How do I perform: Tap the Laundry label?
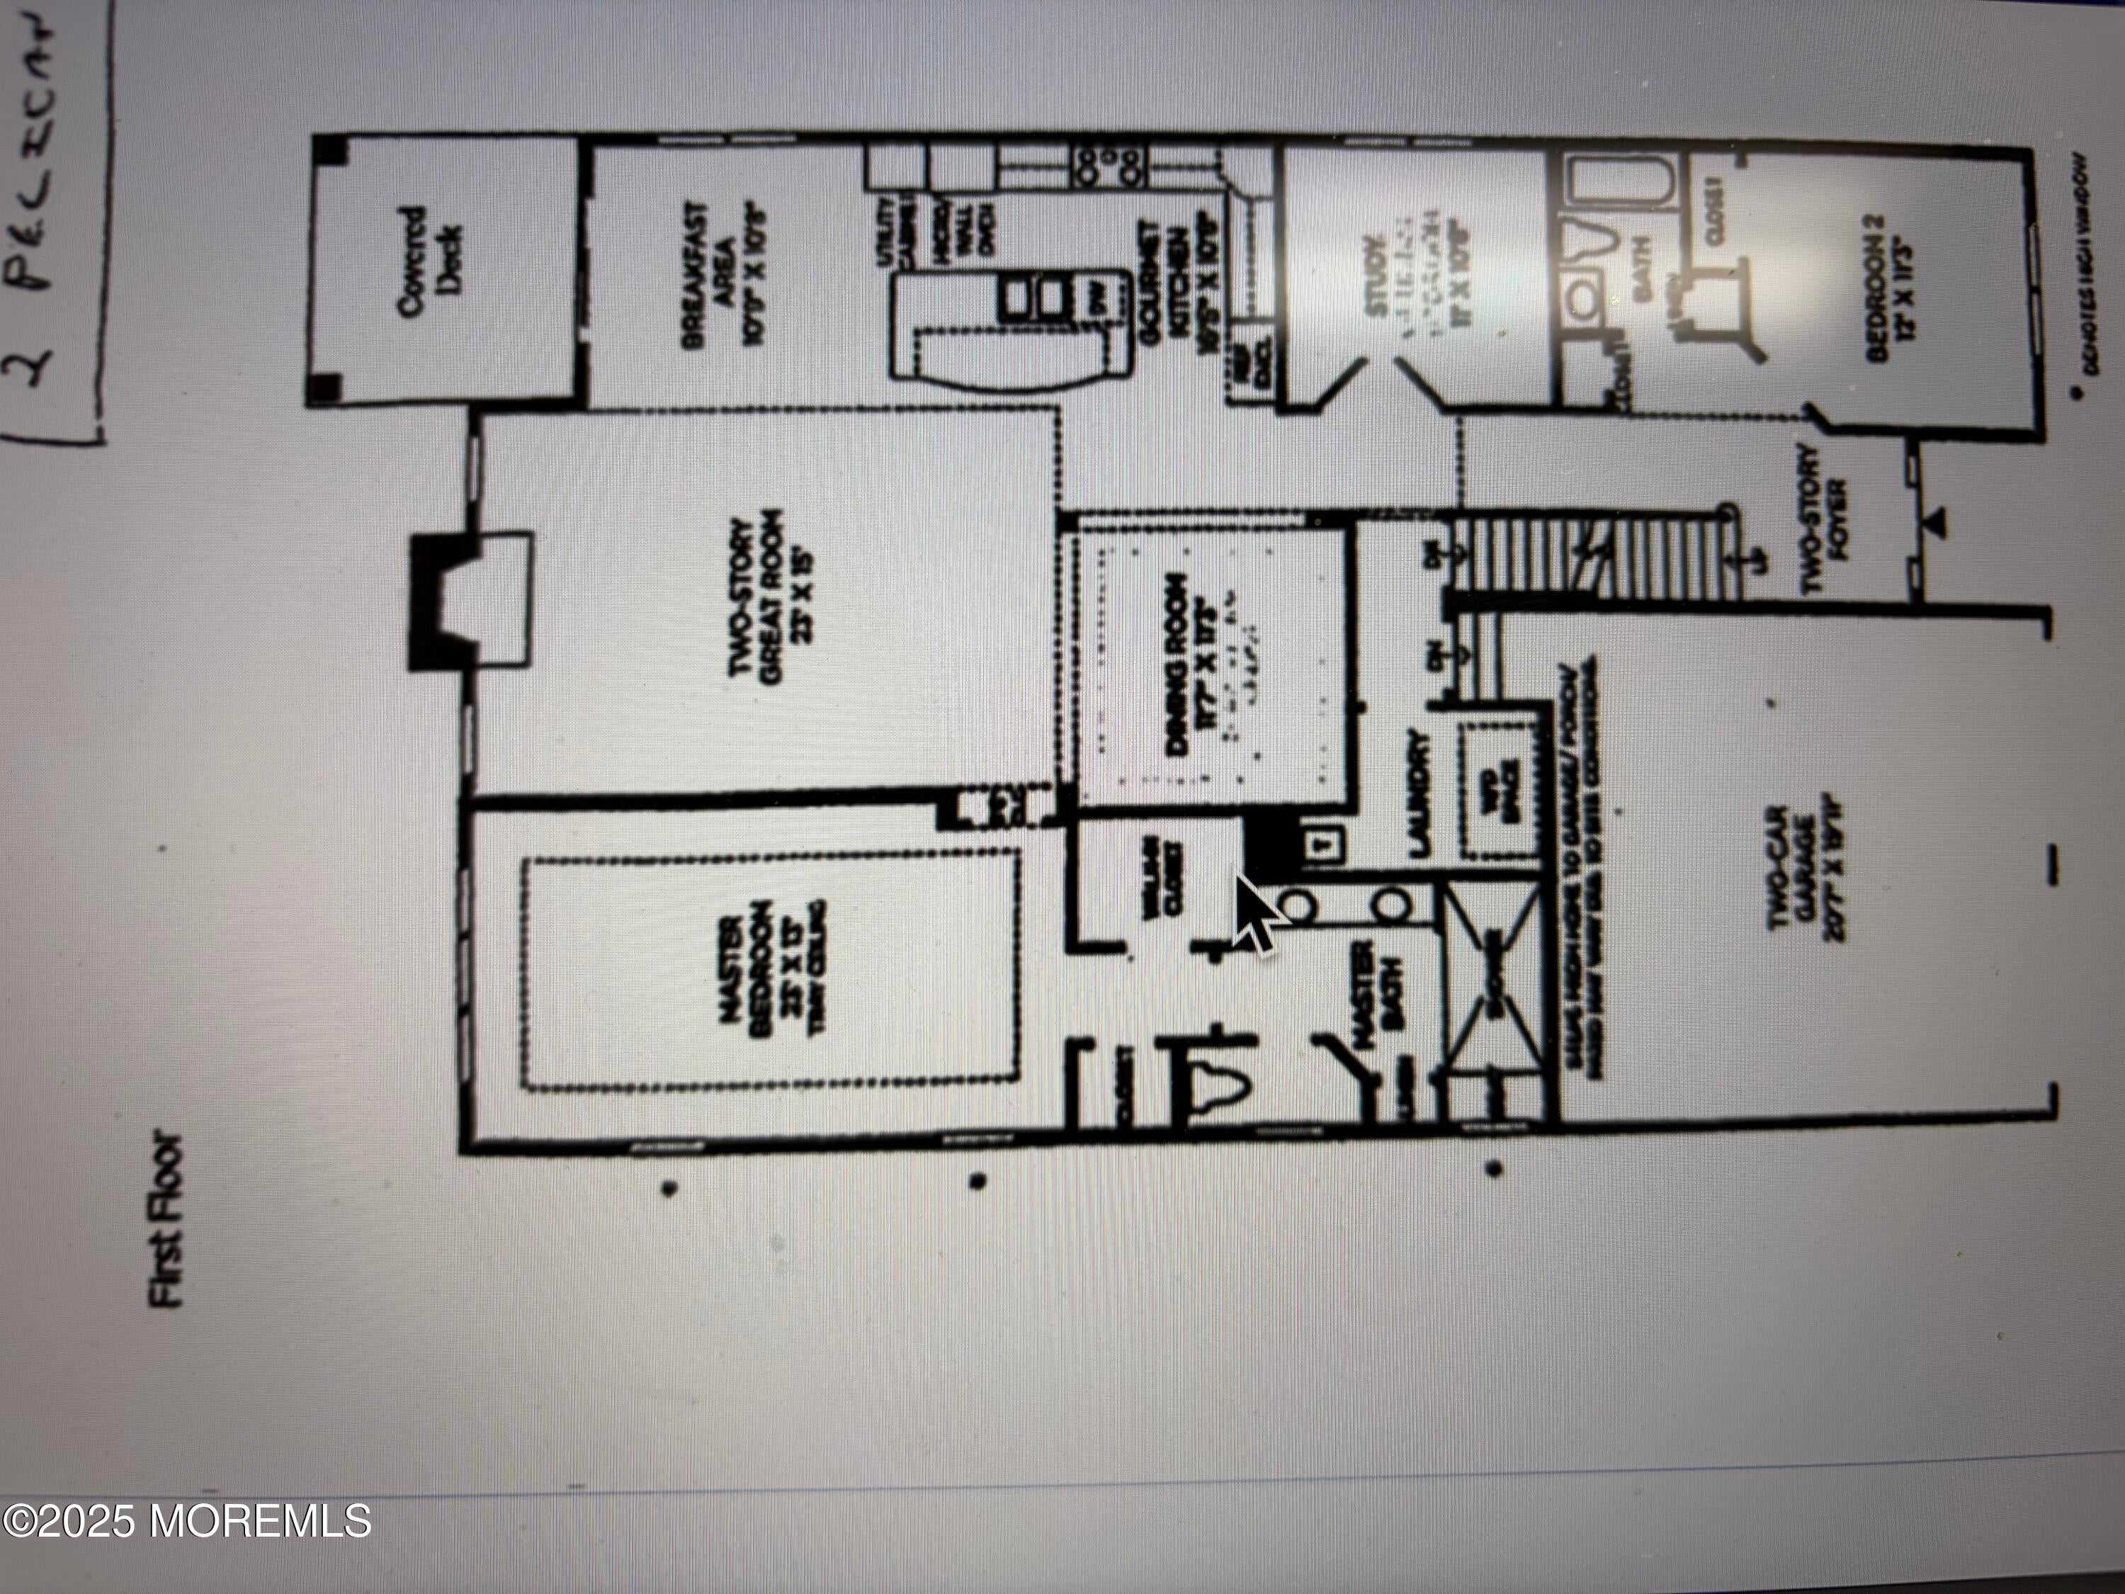pos(1418,793)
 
